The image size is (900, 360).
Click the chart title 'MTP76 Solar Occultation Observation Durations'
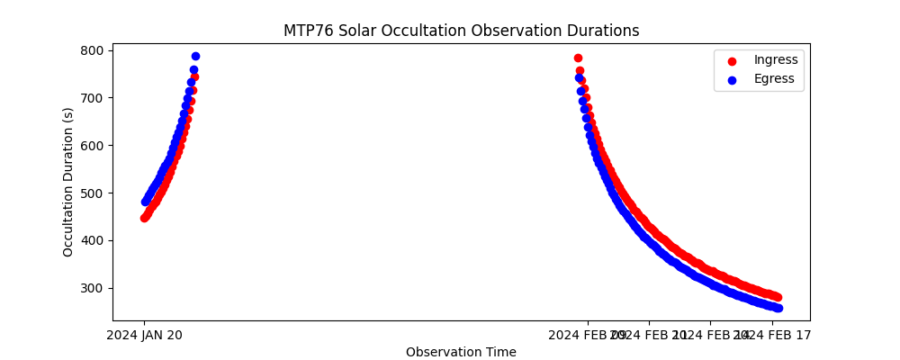pyautogui.click(x=461, y=31)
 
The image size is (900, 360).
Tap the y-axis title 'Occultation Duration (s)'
pyautogui.click(x=68, y=182)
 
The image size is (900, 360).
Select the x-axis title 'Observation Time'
pyautogui.click(x=461, y=352)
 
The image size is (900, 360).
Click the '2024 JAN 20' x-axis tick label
pyautogui.click(x=144, y=335)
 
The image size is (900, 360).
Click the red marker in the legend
pyautogui.click(x=732, y=60)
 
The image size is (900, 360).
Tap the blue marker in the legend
pyautogui.click(x=732, y=79)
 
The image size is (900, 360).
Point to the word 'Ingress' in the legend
pyautogui.click(x=776, y=60)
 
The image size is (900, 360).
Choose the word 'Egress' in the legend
pyautogui.click(x=774, y=79)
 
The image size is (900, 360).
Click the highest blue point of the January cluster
pyautogui.click(x=195, y=56)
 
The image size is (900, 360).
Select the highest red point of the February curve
pyautogui.click(x=578, y=58)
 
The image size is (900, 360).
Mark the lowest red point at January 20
pyautogui.click(x=144, y=218)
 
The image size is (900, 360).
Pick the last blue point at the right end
pyautogui.click(x=778, y=308)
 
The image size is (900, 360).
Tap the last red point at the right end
pyautogui.click(x=778, y=297)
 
